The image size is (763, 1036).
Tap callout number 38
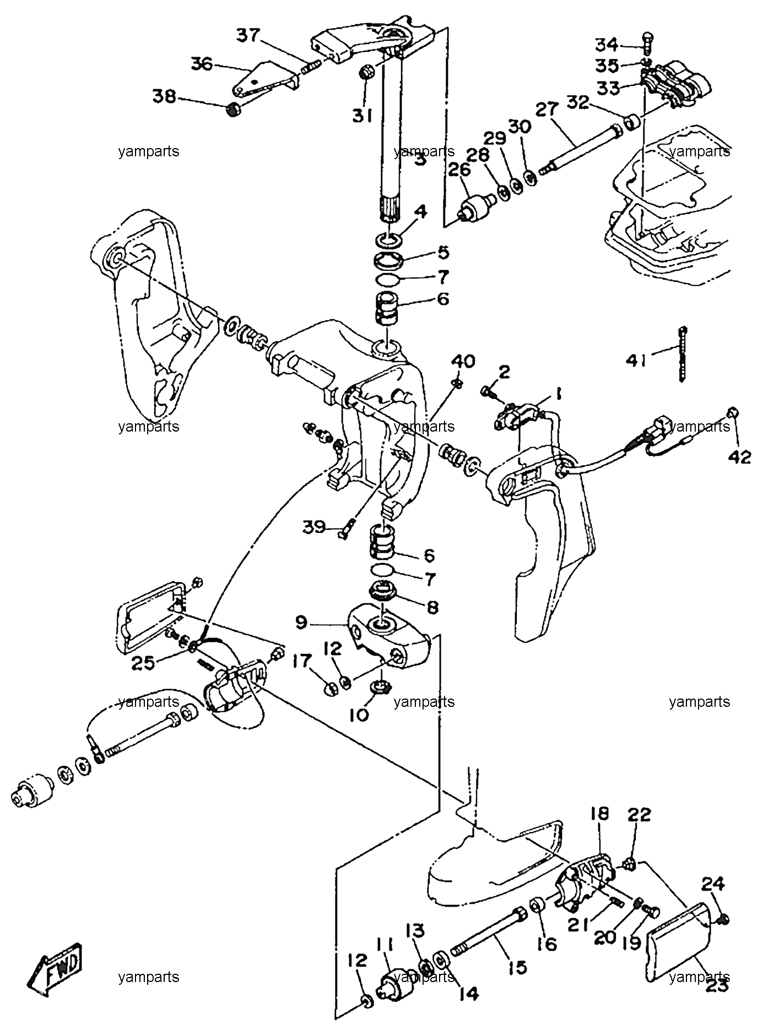tap(164, 97)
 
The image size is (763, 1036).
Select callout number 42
tap(742, 456)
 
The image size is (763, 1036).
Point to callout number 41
tap(636, 361)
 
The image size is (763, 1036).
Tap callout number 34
tap(608, 44)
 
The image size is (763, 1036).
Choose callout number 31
tap(362, 116)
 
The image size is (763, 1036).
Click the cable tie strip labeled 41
tap(683, 353)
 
